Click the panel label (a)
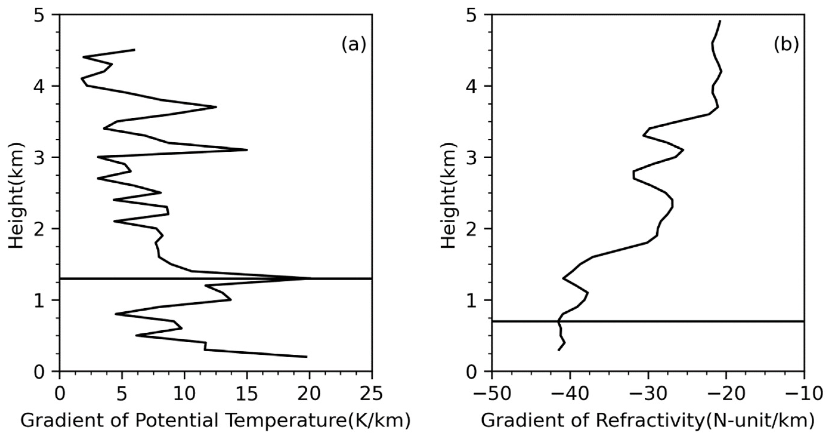(x=353, y=45)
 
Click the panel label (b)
(x=786, y=45)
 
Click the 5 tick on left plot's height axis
(x=41, y=15)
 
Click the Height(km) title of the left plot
(x=17, y=193)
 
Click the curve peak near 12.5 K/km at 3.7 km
(x=216, y=107)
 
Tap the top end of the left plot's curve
(x=134, y=49)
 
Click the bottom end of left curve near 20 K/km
(x=307, y=357)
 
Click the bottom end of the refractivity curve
(x=559, y=350)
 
